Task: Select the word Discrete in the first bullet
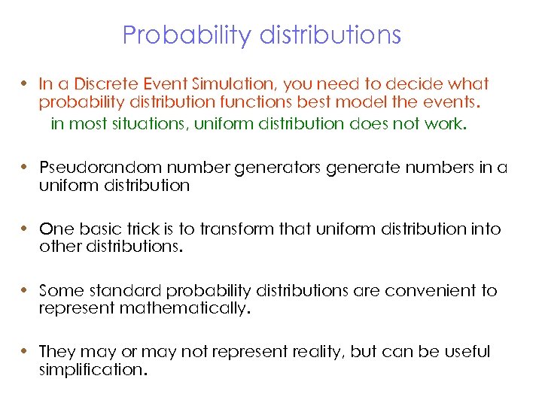[100, 84]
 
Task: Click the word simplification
[90, 370]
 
